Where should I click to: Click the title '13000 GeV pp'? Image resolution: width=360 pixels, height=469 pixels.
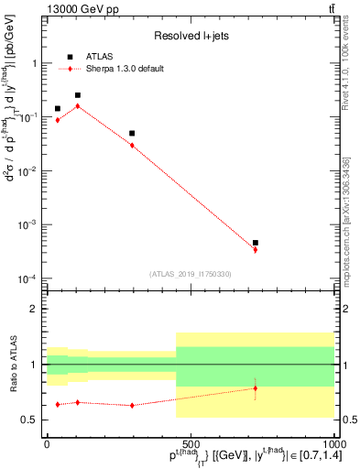[x=81, y=8]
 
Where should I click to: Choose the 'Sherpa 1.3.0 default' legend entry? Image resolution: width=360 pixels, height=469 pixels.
[x=125, y=69]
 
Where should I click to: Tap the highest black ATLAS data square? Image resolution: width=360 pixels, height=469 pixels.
[x=78, y=95]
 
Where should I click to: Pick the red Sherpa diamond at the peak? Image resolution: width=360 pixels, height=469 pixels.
[x=78, y=106]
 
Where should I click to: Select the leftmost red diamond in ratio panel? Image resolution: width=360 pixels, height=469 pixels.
[x=58, y=404]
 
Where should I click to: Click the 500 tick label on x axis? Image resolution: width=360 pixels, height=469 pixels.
[x=190, y=443]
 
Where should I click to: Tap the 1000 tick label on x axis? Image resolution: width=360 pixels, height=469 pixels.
[x=333, y=443]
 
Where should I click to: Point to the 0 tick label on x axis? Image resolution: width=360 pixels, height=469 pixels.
[x=47, y=443]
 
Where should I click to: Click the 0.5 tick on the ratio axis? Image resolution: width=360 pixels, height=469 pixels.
[x=30, y=420]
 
